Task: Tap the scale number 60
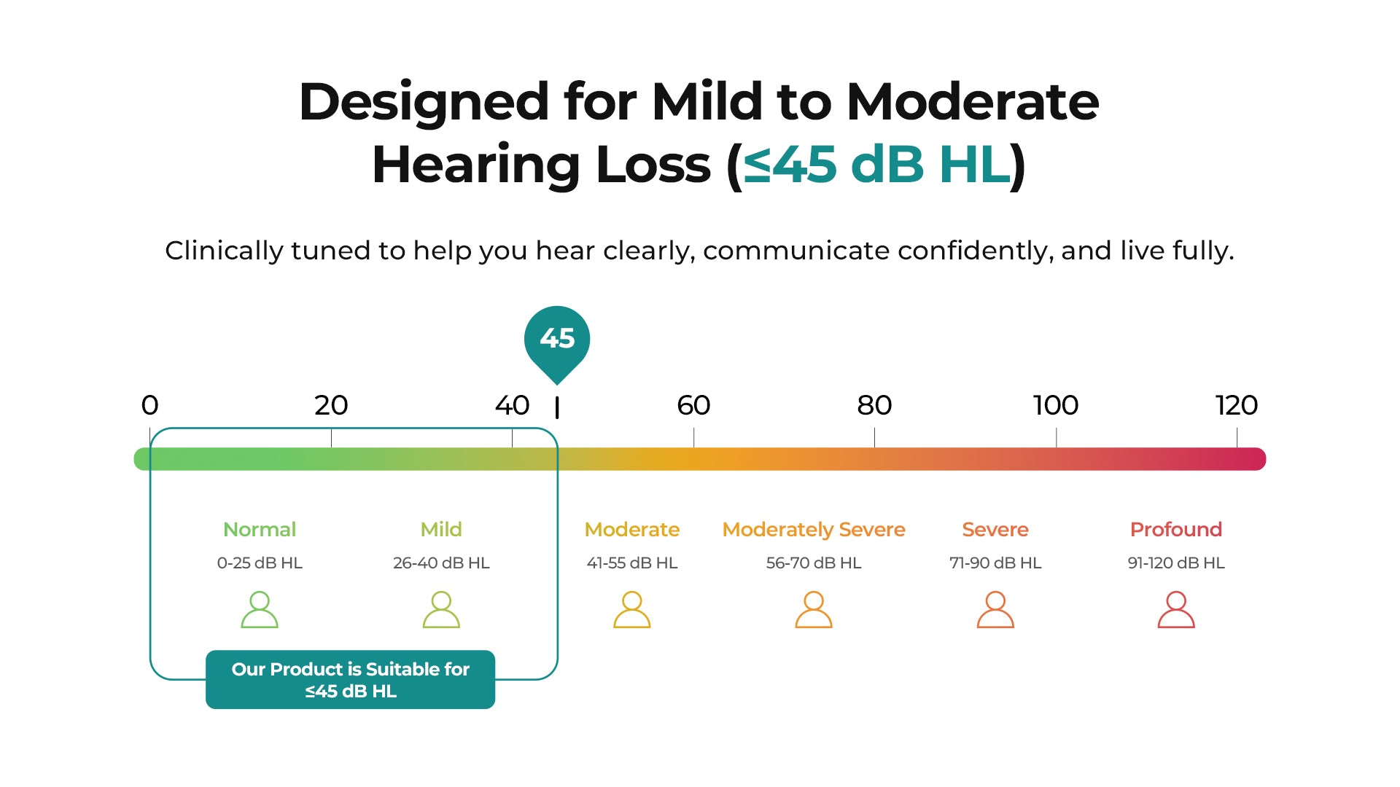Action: tap(693, 405)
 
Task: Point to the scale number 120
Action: tap(1237, 405)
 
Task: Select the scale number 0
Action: tap(149, 405)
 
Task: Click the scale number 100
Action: tap(1056, 405)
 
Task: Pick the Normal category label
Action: tap(260, 529)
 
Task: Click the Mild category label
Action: tap(441, 529)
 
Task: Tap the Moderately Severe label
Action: tap(814, 530)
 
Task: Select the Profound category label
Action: tap(1176, 529)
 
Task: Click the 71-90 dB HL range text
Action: tap(995, 563)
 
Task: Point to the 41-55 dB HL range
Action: tap(632, 563)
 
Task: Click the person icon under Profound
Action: tap(1176, 610)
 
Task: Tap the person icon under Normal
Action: tap(260, 610)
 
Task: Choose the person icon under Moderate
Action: tap(632, 610)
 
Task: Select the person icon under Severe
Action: tap(995, 610)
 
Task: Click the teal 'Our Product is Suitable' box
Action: tap(350, 679)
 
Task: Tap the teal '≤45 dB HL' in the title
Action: tap(877, 165)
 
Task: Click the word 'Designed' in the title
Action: tap(424, 102)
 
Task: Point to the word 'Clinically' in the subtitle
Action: tap(224, 251)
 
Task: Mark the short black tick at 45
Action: tap(557, 408)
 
